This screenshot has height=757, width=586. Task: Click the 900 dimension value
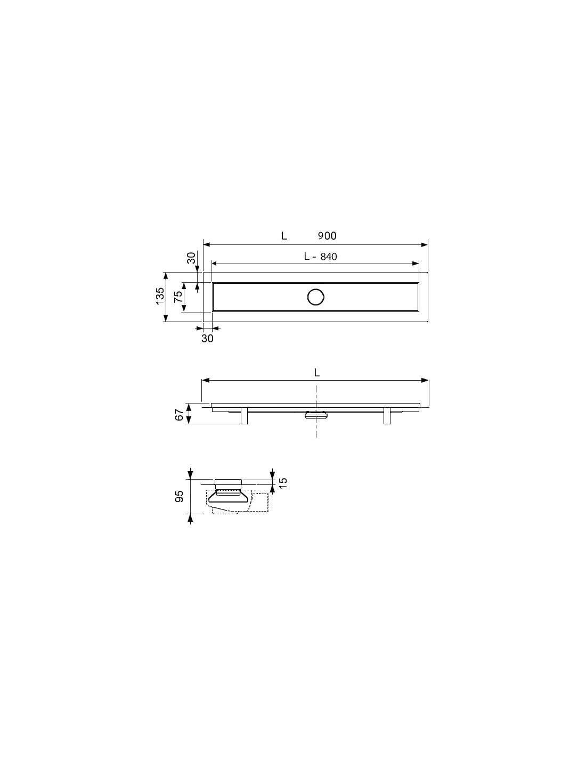point(327,236)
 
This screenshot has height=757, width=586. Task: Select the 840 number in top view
point(328,257)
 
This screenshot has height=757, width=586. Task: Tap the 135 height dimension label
point(160,297)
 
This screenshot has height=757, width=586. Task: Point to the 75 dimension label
point(178,297)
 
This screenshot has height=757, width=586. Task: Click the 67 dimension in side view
point(179,415)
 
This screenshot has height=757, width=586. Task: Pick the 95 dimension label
point(179,496)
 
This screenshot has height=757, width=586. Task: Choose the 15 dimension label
point(283,482)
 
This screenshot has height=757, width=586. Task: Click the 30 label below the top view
point(207,338)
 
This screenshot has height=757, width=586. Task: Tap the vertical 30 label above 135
point(191,258)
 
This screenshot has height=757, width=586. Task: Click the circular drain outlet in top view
point(315,297)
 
